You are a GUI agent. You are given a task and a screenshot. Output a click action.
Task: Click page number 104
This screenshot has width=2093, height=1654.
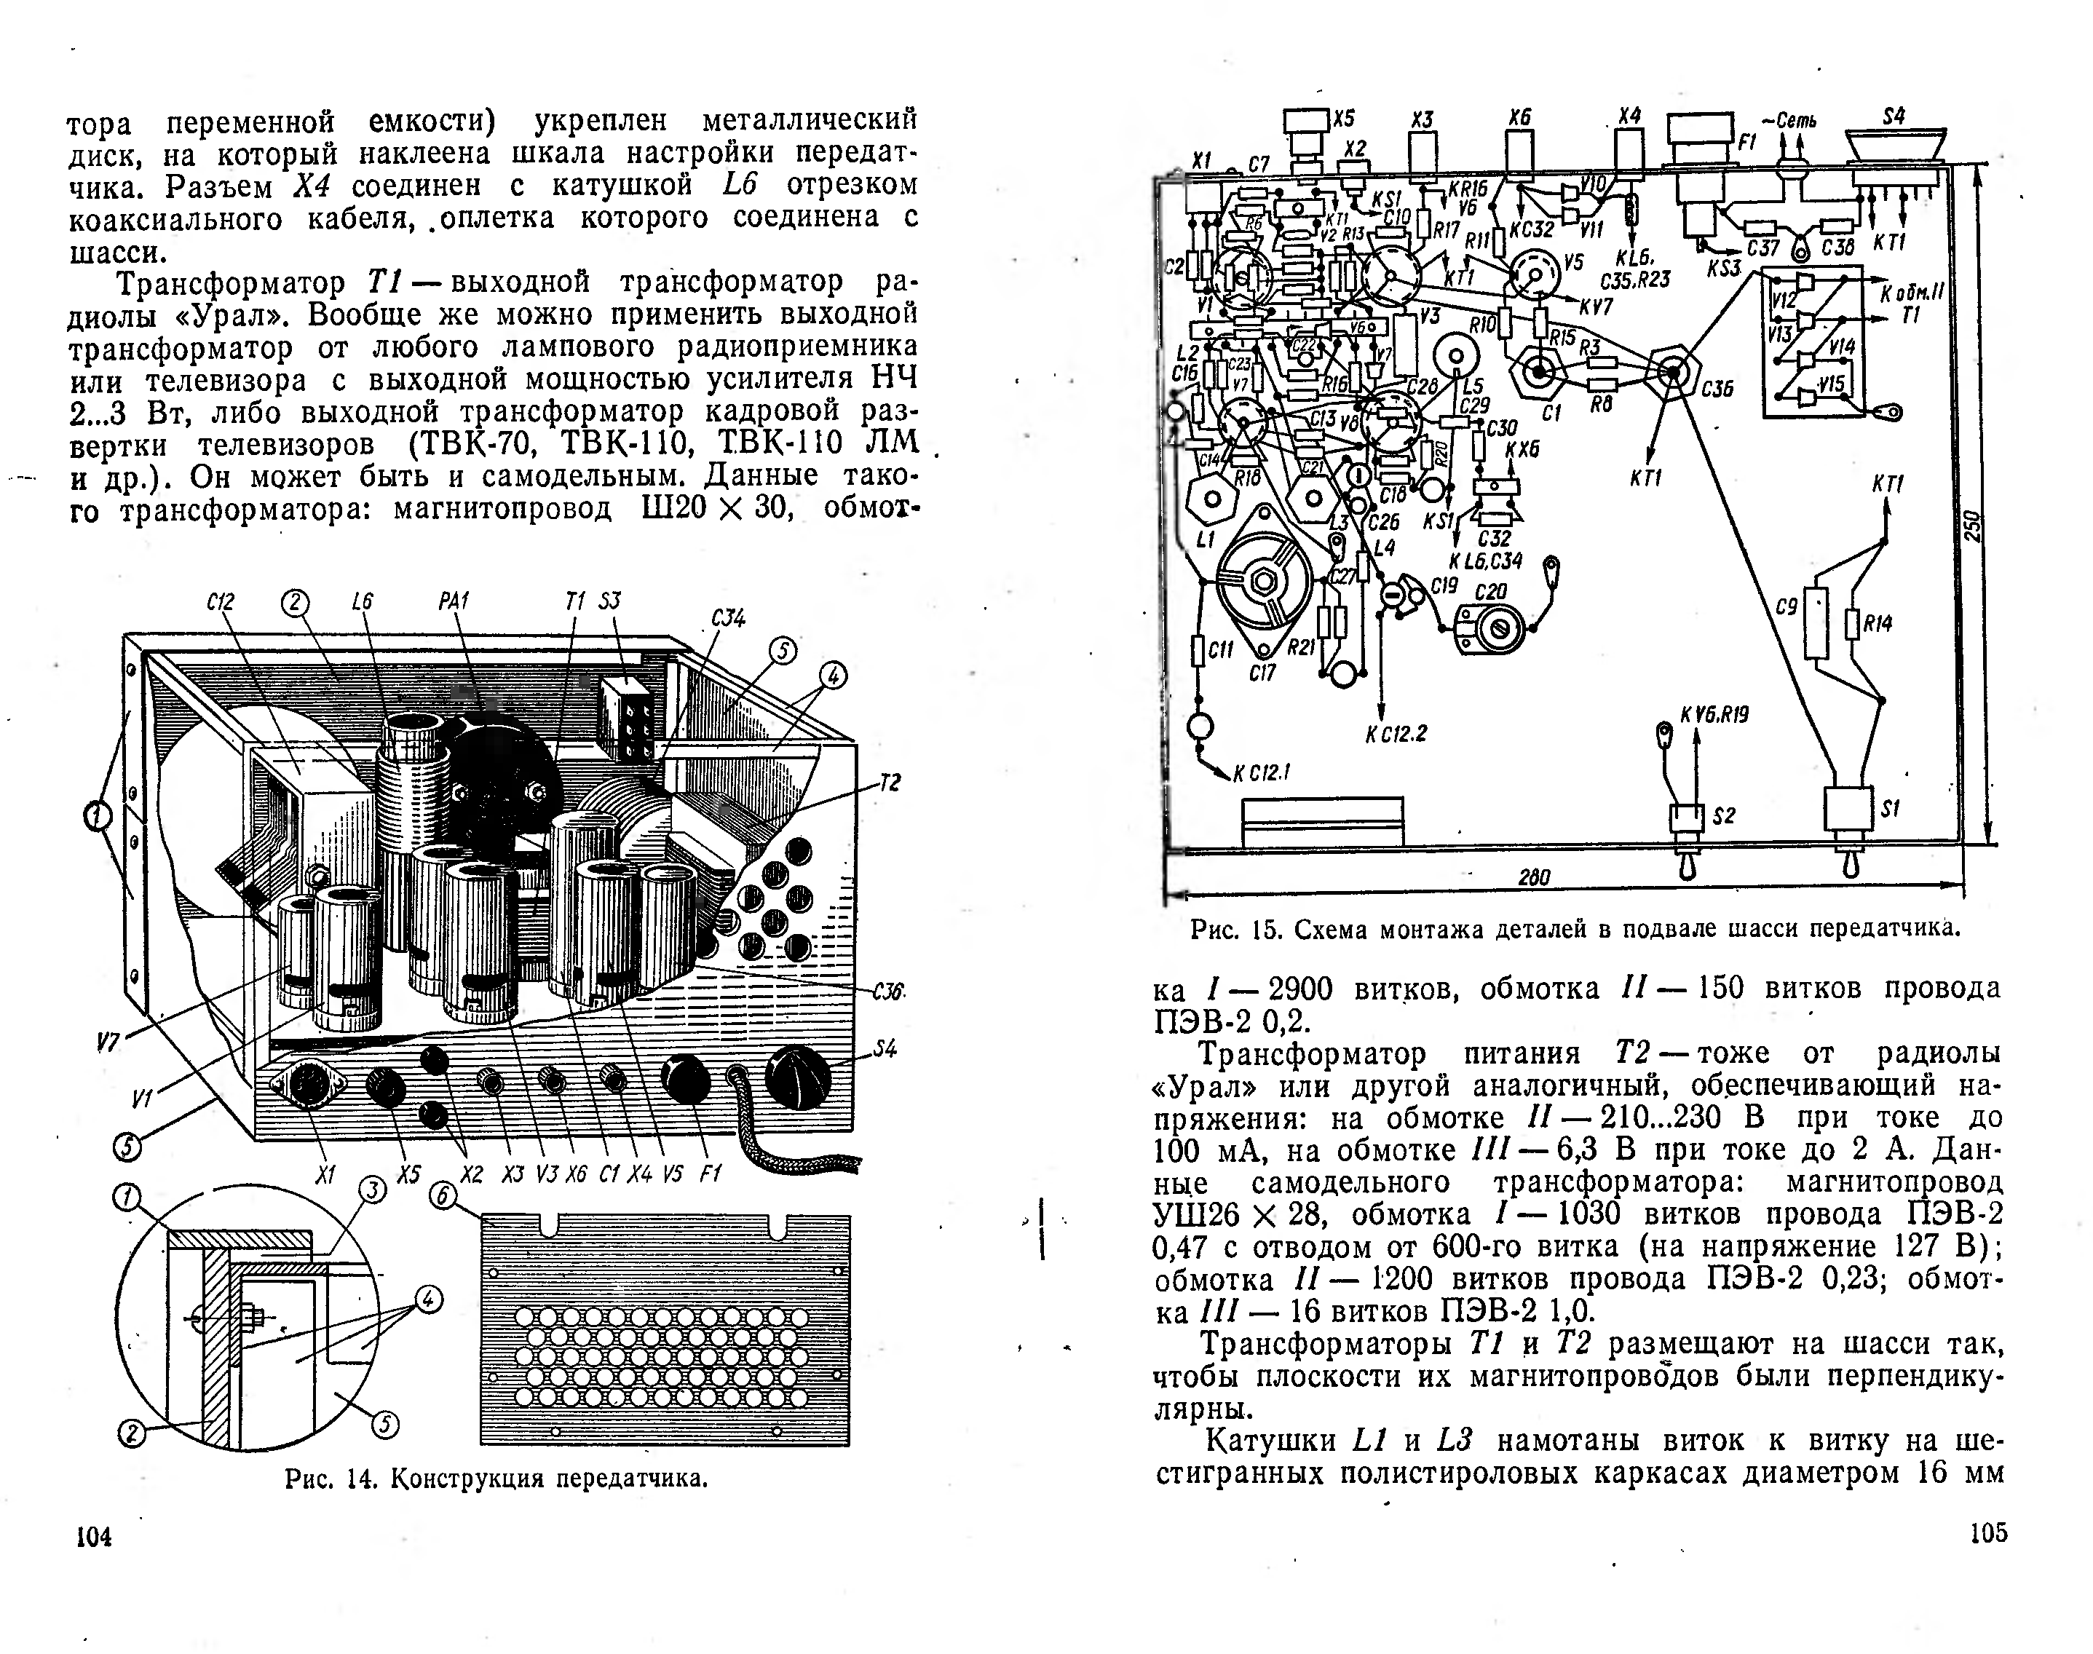94,1537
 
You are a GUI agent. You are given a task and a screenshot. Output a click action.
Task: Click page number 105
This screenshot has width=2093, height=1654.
1988,1533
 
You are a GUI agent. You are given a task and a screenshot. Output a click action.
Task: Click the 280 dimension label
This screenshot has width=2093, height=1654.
1533,877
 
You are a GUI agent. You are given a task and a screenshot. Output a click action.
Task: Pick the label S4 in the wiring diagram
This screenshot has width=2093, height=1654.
1894,117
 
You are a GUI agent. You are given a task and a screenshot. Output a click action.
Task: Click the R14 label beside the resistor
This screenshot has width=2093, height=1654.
1877,625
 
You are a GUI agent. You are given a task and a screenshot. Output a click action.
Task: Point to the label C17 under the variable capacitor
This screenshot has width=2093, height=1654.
1262,672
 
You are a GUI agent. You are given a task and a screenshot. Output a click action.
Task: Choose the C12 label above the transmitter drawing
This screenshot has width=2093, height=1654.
221,601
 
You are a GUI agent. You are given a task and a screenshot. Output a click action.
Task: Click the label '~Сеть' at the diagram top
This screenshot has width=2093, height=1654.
1788,121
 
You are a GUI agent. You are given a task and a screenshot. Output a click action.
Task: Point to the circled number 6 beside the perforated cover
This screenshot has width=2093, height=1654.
442,1196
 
